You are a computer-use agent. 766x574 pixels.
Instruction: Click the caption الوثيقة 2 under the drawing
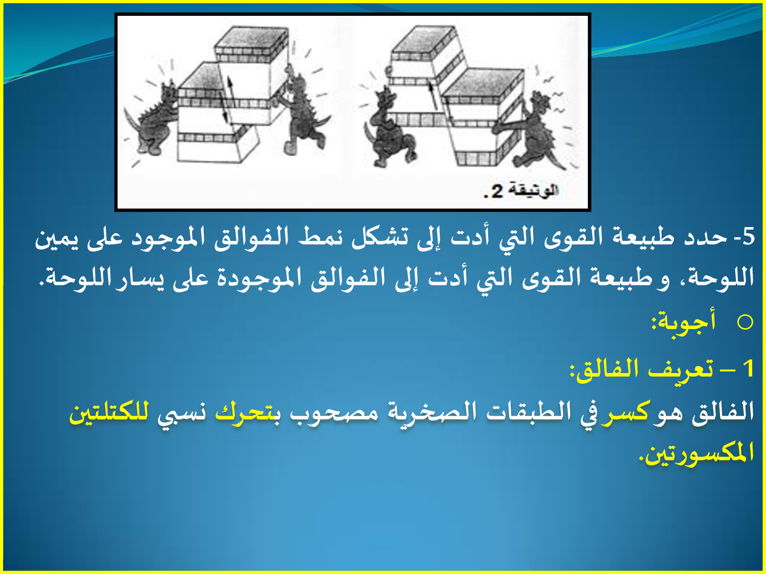tap(521, 191)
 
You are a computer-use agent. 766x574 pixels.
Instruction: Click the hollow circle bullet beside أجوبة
tap(745, 322)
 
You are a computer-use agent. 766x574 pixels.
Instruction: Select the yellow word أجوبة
tap(684, 321)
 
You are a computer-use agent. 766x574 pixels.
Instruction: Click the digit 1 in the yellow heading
tap(748, 369)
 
